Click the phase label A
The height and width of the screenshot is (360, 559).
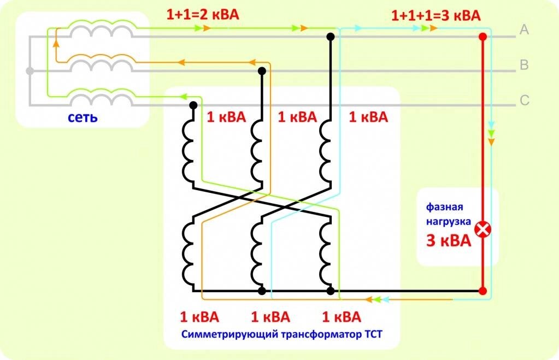pos(524,30)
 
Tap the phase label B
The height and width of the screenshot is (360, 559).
pos(523,66)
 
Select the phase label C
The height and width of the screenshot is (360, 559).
pos(524,100)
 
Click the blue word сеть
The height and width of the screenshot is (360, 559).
pos(83,117)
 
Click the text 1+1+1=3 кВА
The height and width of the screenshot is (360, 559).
pos(436,15)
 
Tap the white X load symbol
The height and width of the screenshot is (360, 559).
pos(482,229)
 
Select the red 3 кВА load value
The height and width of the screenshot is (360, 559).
pos(448,241)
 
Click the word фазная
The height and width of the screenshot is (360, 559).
pos(445,208)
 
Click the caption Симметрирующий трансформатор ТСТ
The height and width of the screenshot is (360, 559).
pos(282,333)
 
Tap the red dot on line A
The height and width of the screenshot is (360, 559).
pos(482,37)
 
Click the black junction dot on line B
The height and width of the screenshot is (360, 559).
pos(262,71)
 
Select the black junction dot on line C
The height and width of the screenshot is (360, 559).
pos(193,105)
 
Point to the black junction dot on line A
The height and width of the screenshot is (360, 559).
pos(331,37)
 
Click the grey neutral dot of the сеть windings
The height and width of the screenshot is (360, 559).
pos(30,71)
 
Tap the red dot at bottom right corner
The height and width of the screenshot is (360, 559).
pos(482,291)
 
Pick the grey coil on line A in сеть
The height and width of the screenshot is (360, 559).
pos(101,31)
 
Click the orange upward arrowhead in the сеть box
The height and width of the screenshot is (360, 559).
pos(56,43)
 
